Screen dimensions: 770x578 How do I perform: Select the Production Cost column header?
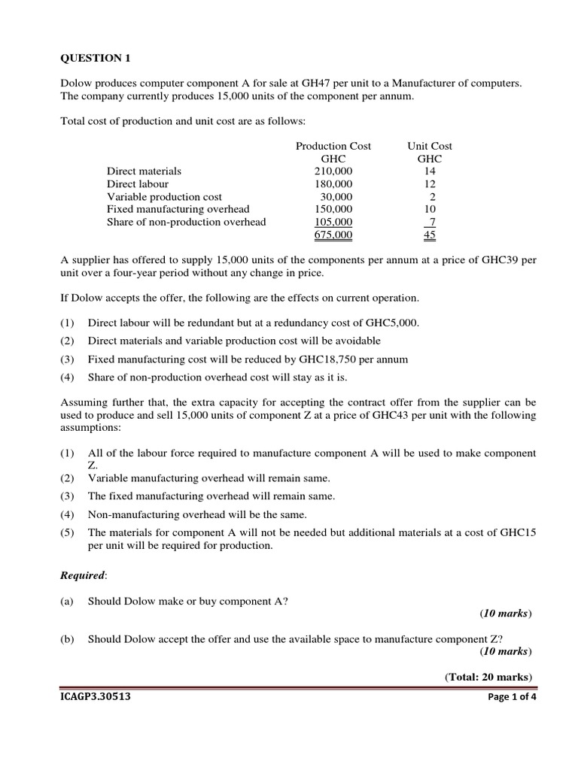click(333, 146)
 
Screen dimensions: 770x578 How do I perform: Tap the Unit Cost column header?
click(430, 146)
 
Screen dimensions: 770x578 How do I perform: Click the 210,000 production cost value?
click(333, 171)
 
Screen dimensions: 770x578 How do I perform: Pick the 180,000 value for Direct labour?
click(333, 184)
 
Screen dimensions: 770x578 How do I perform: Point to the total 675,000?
click(333, 235)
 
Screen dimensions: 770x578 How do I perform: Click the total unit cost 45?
click(430, 235)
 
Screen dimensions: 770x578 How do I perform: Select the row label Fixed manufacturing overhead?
click(178, 209)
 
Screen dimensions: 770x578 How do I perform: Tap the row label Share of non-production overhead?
click(186, 222)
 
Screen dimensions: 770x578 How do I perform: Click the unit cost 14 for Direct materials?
click(430, 171)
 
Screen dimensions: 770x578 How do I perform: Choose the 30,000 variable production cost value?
click(336, 197)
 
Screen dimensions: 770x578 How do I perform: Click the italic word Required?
click(83, 575)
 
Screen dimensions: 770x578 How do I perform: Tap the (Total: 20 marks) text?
click(488, 677)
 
